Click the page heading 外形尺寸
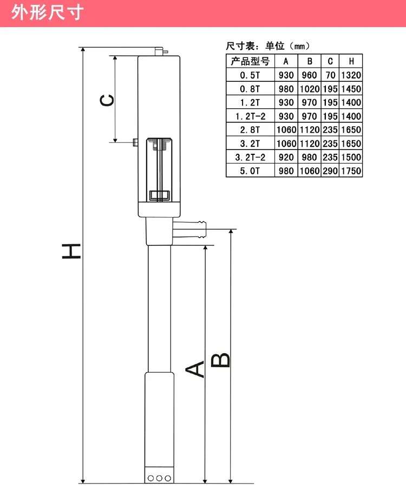[48, 12]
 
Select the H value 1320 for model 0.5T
[351, 75]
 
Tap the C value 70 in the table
[330, 75]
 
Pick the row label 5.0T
[250, 171]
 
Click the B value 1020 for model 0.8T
[310, 89]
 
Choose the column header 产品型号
[250, 61]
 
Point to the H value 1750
[351, 171]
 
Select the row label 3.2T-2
[250, 157]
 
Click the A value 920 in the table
[286, 157]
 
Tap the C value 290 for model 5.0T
[330, 171]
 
